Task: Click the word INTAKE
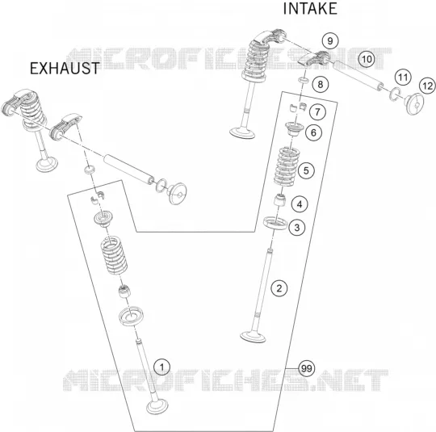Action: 310,8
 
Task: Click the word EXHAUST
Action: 65,69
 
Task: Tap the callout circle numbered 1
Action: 162,367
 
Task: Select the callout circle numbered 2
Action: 279,288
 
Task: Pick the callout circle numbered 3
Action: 297,228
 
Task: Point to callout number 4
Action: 300,204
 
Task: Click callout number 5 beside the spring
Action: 306,170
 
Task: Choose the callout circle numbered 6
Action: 313,132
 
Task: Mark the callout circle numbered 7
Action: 317,112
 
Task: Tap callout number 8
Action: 321,84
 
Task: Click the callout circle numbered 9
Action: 330,41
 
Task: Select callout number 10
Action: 367,59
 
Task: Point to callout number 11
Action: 403,78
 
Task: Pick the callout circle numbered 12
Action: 428,86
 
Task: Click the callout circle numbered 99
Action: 307,368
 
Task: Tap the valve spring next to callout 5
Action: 287,166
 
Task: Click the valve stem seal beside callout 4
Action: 280,200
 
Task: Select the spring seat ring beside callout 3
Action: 275,223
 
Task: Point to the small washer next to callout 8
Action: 303,81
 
